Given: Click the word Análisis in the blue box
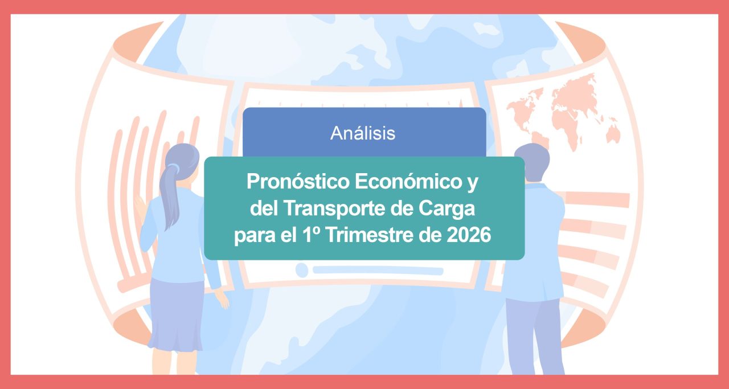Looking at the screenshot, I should [363, 133].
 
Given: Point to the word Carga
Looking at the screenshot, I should [448, 208].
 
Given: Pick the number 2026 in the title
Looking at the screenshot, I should [468, 235].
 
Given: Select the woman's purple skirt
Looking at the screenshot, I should [177, 313].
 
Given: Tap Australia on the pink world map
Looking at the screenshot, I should [613, 134].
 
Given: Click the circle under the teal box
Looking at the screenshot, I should [301, 270].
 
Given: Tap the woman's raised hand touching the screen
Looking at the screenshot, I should [140, 208].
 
